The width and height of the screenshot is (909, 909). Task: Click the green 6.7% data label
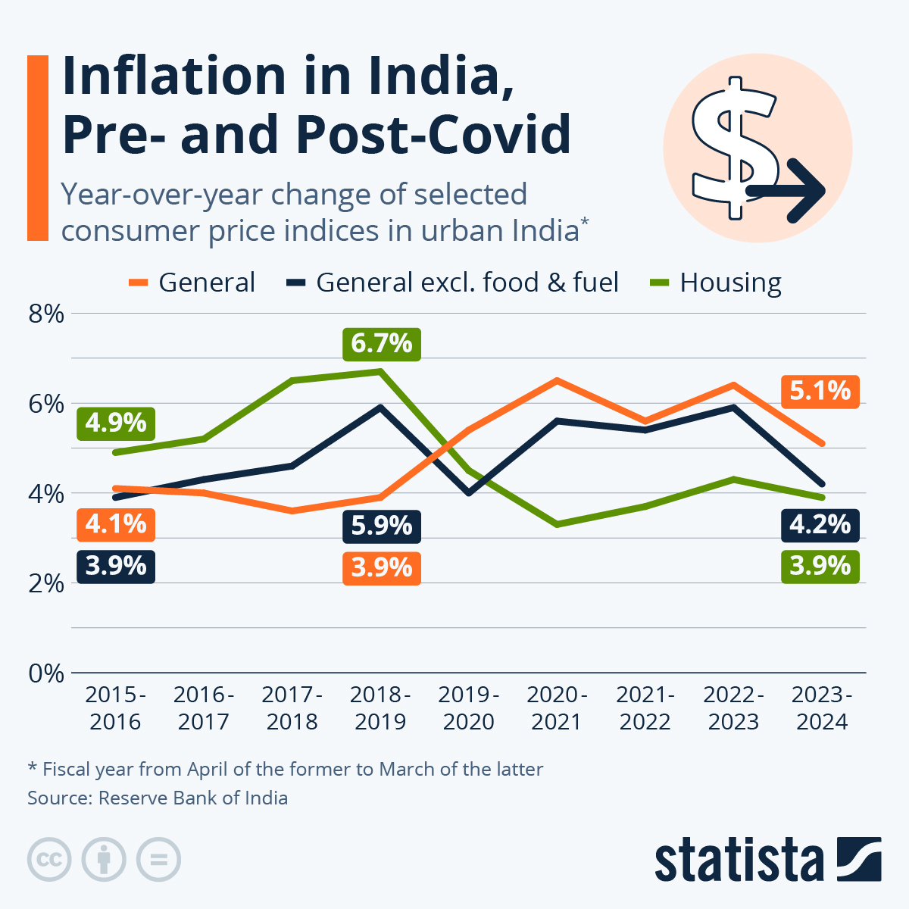point(381,344)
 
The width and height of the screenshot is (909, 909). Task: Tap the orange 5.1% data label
point(820,392)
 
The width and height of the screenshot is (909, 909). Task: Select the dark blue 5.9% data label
point(381,526)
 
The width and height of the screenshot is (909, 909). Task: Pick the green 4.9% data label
point(116,423)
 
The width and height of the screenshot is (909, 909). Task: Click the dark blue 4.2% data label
point(820,525)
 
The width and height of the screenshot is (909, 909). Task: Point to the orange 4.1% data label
point(116,524)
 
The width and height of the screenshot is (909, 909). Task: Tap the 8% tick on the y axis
point(46,314)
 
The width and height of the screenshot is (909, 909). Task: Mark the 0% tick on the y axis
point(46,673)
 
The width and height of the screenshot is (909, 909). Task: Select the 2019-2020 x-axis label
point(469,708)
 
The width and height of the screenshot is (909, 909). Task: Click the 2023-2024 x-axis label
point(822,708)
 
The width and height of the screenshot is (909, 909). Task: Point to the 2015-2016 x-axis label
point(115,708)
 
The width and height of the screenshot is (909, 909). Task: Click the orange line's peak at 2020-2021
point(557,380)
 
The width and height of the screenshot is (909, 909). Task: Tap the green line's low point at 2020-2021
point(557,524)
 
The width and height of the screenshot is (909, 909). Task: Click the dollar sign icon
point(735,148)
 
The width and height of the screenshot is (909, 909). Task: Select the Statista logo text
point(739,861)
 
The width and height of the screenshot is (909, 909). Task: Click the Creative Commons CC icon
point(49,860)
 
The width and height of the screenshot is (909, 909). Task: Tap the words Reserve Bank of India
point(193,798)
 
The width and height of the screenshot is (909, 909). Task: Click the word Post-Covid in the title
point(432,134)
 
